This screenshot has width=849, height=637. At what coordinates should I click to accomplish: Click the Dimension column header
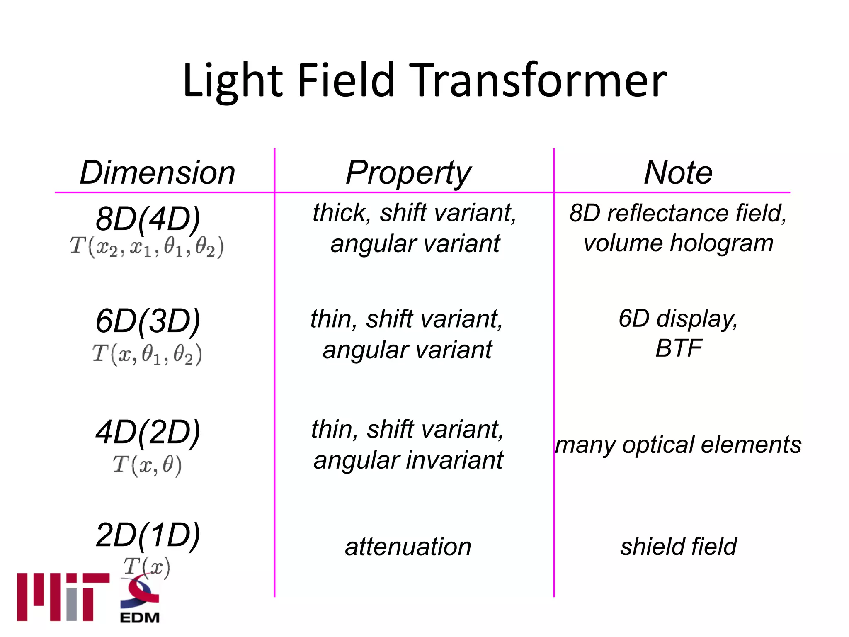[x=158, y=173]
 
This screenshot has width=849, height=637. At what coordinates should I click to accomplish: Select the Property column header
[x=408, y=173]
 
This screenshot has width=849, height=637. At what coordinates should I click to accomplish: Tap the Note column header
[x=678, y=173]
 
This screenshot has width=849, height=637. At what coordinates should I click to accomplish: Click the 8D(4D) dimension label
[x=148, y=219]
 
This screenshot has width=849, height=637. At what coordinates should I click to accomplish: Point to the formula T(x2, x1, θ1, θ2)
[x=147, y=247]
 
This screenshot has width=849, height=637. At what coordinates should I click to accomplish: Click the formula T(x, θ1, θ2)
[x=147, y=355]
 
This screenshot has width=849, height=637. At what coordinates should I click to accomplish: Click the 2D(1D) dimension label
[x=148, y=535]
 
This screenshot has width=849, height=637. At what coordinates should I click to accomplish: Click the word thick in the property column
[x=341, y=213]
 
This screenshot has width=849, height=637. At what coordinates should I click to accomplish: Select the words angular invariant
[x=408, y=460]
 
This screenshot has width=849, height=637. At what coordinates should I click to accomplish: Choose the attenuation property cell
[x=408, y=547]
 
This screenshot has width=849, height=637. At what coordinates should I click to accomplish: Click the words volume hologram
[x=678, y=243]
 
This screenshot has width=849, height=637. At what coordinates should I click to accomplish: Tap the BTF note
[x=678, y=348]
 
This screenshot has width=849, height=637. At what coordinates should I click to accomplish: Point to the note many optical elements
[x=678, y=445]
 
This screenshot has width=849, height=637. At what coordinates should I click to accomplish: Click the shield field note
[x=678, y=547]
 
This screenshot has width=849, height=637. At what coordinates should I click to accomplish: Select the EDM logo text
[x=140, y=618]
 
